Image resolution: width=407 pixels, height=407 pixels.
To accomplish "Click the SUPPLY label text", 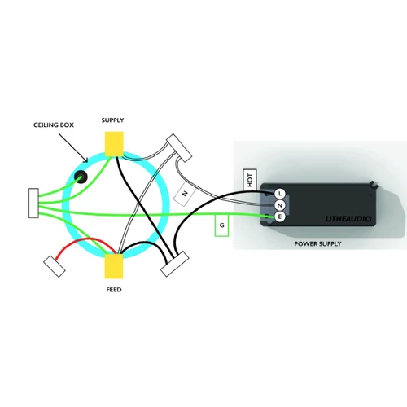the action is (x=112, y=120).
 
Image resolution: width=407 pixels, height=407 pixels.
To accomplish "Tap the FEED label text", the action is (x=114, y=290).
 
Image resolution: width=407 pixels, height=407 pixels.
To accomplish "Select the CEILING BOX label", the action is (x=54, y=125).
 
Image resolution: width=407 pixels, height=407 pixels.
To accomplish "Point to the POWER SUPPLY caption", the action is (x=317, y=244).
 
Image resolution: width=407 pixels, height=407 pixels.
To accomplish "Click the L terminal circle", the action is (x=280, y=194).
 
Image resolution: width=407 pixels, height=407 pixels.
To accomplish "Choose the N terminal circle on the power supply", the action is (x=280, y=205).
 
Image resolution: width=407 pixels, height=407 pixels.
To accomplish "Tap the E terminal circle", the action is (x=280, y=217).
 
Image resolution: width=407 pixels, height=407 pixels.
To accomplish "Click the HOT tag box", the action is (x=250, y=180).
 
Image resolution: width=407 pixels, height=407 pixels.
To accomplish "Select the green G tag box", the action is (x=221, y=225).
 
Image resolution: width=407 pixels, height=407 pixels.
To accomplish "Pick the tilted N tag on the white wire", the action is (x=185, y=194).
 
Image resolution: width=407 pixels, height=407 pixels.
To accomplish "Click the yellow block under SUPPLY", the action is (x=114, y=144).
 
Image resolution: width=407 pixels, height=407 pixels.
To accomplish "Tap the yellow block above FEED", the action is (x=114, y=266).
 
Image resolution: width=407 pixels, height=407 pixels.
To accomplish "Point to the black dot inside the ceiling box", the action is (x=81, y=177).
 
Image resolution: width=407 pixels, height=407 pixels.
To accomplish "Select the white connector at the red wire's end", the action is (x=55, y=266).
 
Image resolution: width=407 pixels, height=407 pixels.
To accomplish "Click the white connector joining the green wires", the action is (x=33, y=203).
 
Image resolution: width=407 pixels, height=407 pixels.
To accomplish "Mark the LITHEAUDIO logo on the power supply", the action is (x=348, y=218).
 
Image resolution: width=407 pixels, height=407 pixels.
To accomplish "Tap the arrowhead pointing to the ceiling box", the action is (x=86, y=160).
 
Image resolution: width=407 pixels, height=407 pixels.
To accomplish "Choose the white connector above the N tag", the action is (x=179, y=148).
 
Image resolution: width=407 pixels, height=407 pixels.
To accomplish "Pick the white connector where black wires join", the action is (x=174, y=264).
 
